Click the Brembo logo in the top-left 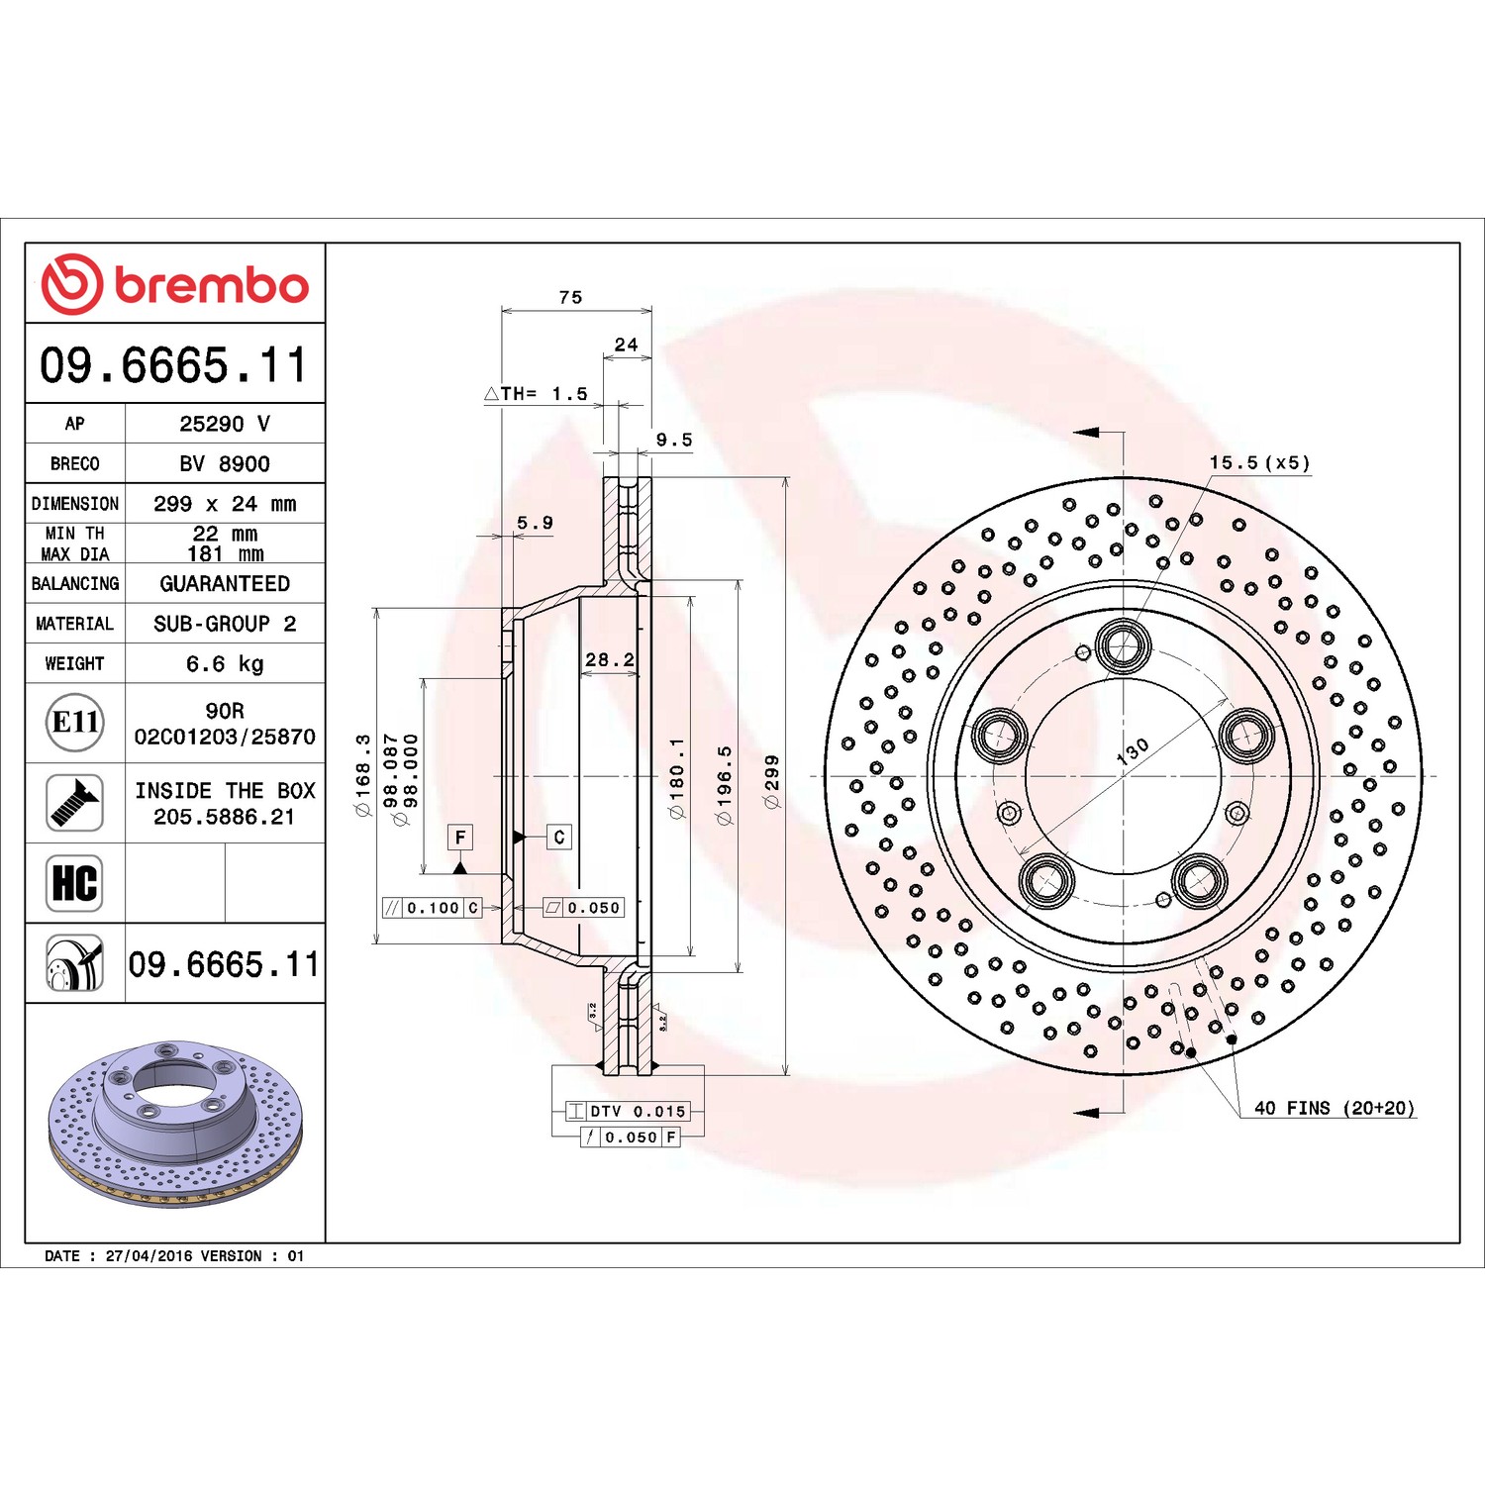point(174,284)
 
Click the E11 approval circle point(75,722)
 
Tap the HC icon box point(75,883)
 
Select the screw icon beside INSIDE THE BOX point(75,803)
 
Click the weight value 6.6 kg point(225,663)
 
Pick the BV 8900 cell point(225,463)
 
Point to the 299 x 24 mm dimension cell point(225,503)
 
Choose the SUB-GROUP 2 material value point(225,624)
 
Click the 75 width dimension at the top point(570,297)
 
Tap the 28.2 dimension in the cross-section point(610,659)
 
